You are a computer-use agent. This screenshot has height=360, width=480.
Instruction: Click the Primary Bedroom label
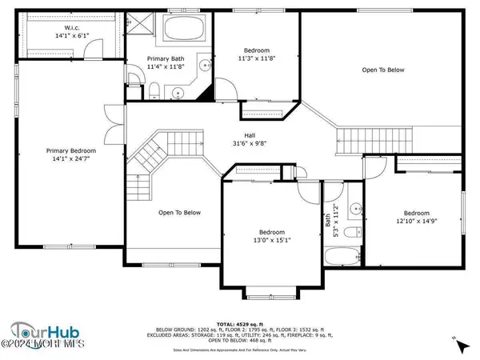coord(70,151)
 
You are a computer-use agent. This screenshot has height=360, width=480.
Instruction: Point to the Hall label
coord(250,135)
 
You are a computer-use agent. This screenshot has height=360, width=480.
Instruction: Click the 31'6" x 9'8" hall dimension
coord(250,144)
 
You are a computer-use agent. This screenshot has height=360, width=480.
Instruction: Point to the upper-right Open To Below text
coord(383,70)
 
